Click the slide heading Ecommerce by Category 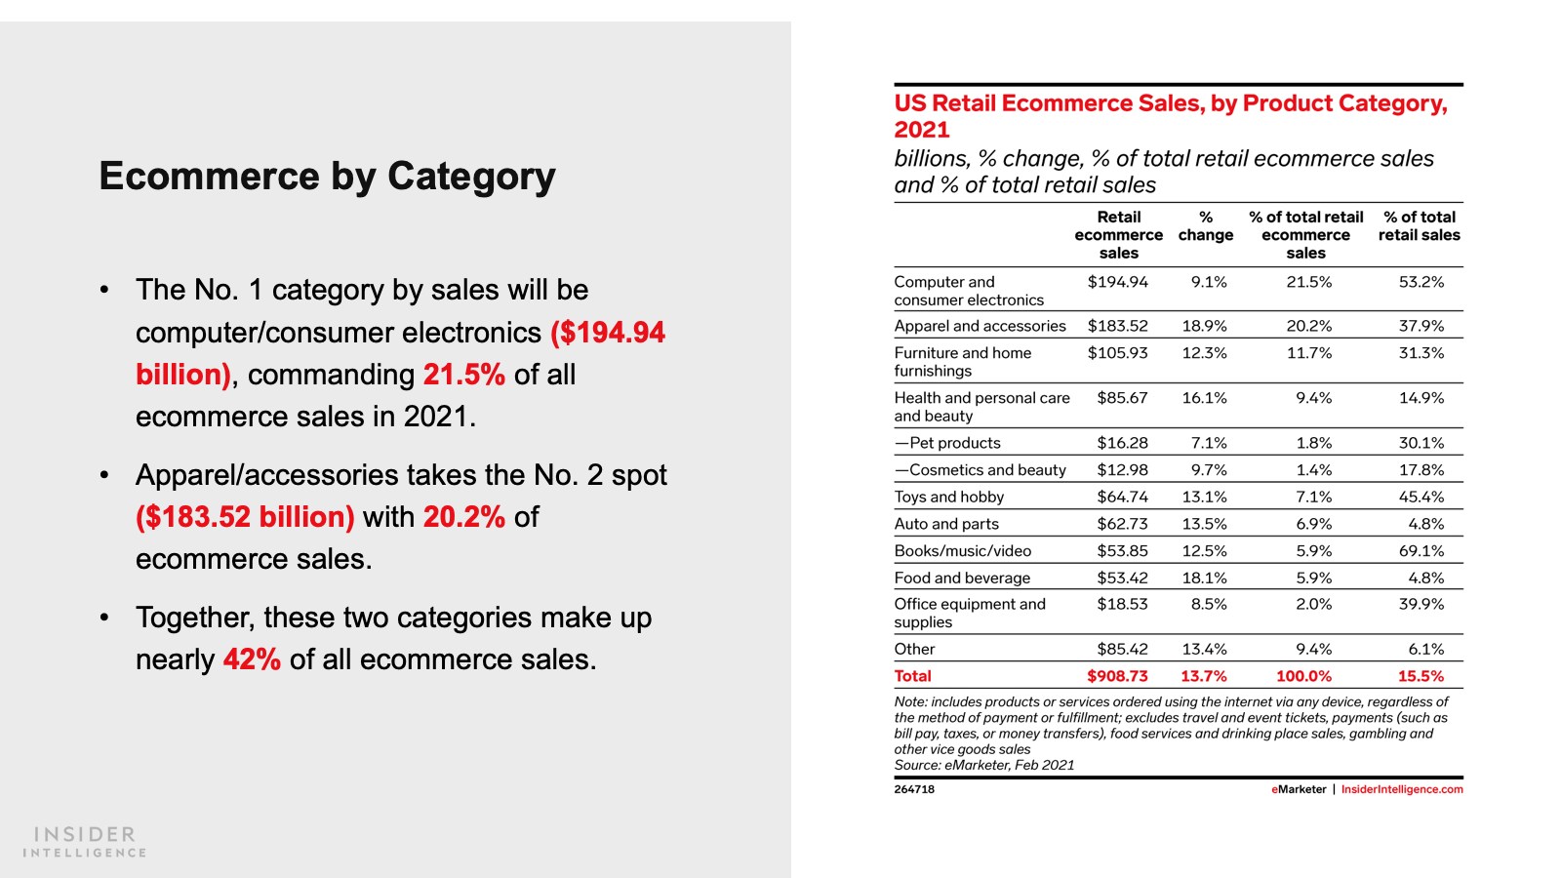click(327, 177)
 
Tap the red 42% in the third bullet click(252, 659)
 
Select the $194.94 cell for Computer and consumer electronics click(1117, 282)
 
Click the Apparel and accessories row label click(980, 326)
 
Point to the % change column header click(1205, 226)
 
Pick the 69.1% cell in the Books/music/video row click(1421, 551)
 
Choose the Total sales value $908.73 click(1117, 676)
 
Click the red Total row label click(912, 676)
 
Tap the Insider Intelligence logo click(85, 842)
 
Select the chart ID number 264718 click(914, 789)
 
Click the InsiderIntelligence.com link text click(1401, 789)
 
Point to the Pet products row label click(947, 443)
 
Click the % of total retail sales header click(1419, 226)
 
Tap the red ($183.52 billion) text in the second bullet click(245, 517)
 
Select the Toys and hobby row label click(948, 497)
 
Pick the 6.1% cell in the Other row click(1425, 649)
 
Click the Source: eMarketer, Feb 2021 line click(983, 765)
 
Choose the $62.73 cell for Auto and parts click(1122, 524)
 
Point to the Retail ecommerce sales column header click(1118, 235)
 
